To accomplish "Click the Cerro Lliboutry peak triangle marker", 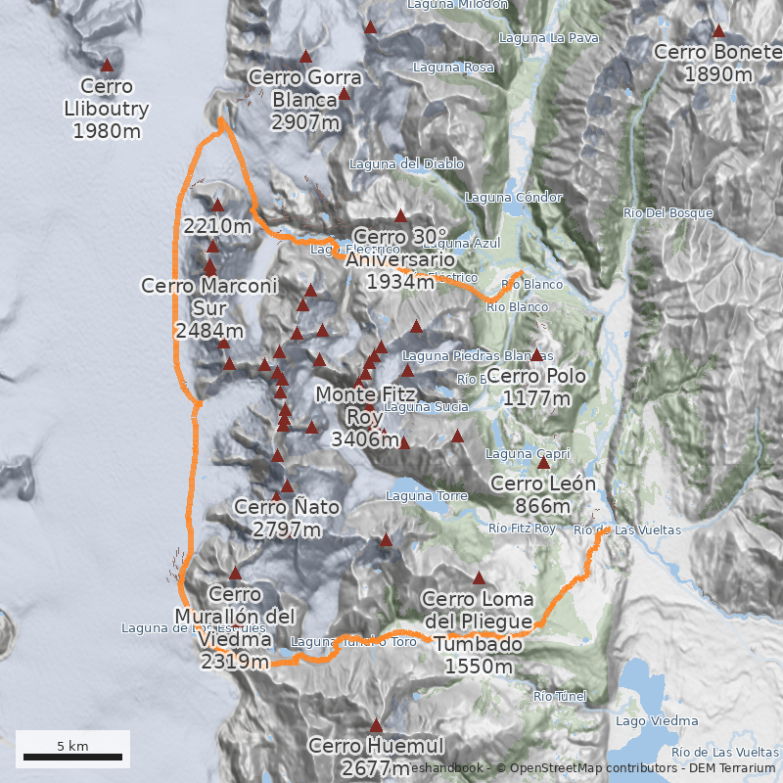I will [x=107, y=66].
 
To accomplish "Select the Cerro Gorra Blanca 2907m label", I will [x=305, y=99].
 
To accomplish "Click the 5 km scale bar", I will [x=72, y=757].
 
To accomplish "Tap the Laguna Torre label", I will [x=427, y=496].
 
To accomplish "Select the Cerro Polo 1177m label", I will [x=536, y=387].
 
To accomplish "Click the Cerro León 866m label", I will [x=543, y=494].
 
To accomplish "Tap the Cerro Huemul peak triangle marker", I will [x=376, y=725].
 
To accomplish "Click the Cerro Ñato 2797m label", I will [x=287, y=518].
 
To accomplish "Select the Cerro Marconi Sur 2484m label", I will [x=209, y=307].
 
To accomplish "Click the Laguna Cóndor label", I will [x=514, y=198].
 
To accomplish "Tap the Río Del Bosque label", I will [x=668, y=212].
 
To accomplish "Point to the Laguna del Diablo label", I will [x=406, y=163].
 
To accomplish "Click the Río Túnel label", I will [x=560, y=697].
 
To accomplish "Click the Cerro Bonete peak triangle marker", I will [x=718, y=30].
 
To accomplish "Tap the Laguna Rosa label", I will [x=453, y=68].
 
